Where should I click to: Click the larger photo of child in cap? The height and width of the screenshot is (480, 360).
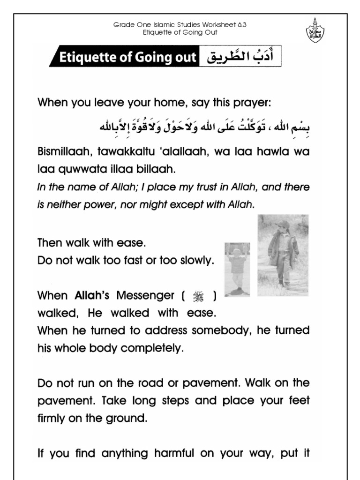(283, 250)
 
